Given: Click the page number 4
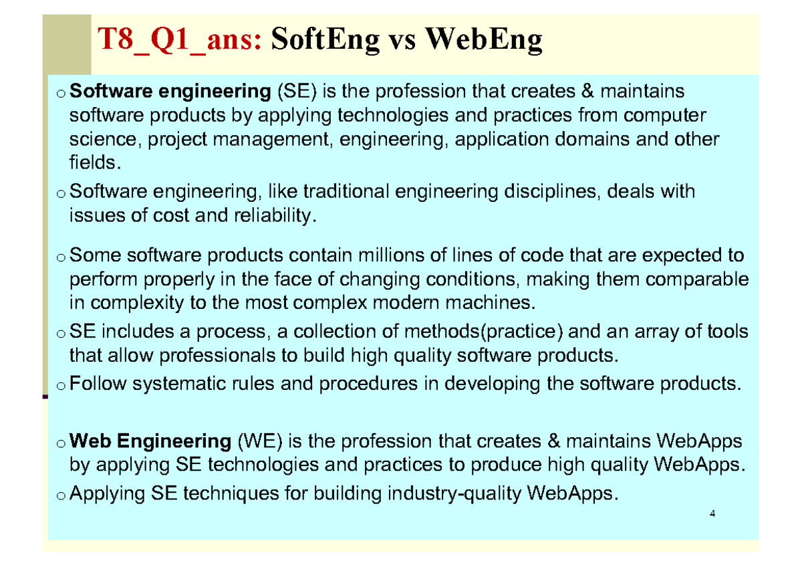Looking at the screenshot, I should (x=713, y=514).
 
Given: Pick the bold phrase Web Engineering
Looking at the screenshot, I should (x=150, y=441).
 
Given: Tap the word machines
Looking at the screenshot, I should (x=495, y=303).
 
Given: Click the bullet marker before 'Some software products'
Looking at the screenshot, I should (x=60, y=257).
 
